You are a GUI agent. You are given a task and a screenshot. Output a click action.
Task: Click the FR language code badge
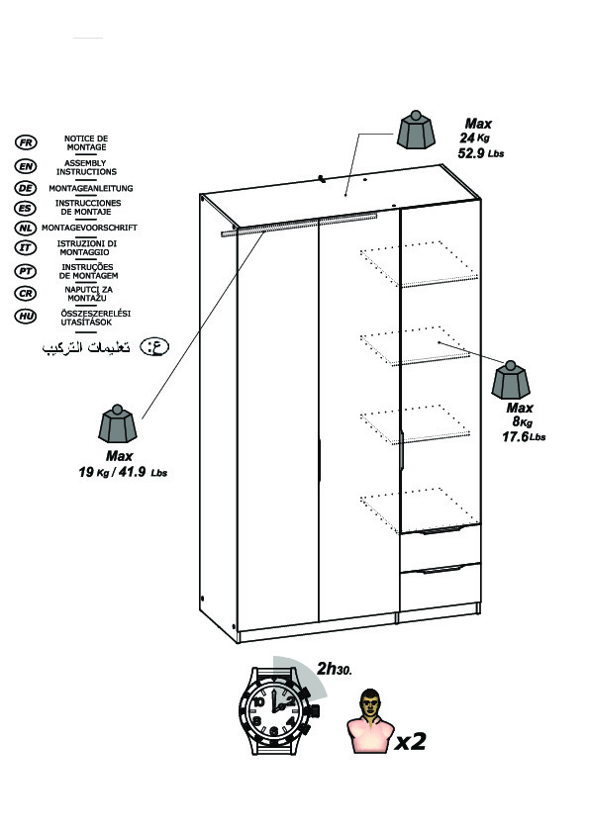point(26,142)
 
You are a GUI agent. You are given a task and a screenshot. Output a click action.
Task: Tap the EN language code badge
point(26,166)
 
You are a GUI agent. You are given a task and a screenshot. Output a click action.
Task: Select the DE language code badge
point(26,188)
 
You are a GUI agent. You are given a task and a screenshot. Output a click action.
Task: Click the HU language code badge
point(26,317)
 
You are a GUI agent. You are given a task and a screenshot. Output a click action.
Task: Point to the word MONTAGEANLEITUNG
point(91,188)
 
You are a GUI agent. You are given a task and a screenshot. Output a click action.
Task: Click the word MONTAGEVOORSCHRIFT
point(89,228)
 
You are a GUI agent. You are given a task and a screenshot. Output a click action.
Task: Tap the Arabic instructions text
point(86,347)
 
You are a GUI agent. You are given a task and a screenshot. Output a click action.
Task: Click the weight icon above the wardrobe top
point(416,130)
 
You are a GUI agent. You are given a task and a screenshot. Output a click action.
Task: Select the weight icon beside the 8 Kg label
point(511,380)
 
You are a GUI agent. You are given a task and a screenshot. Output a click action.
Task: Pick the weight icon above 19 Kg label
point(118,424)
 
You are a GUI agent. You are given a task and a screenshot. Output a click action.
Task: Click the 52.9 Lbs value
point(480,153)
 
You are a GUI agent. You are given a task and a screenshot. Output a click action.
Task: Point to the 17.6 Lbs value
point(524,436)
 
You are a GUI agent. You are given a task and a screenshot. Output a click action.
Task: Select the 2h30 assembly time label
point(335,669)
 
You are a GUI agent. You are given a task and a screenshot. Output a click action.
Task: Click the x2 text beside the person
point(411,741)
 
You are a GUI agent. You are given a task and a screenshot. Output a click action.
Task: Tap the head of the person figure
point(370,702)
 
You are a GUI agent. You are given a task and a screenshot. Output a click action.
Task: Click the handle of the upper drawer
point(440,529)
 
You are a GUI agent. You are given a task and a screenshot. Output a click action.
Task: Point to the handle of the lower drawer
point(440,570)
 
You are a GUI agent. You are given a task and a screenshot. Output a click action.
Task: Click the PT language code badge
point(26,271)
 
